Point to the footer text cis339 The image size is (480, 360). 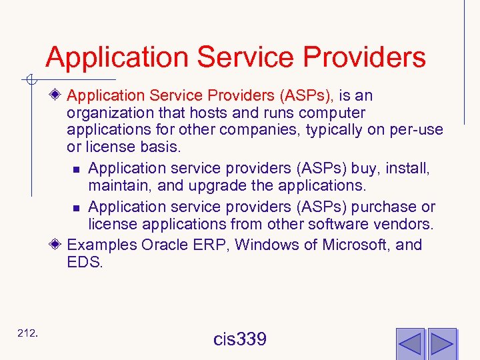240,339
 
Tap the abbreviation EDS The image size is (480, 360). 85,263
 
